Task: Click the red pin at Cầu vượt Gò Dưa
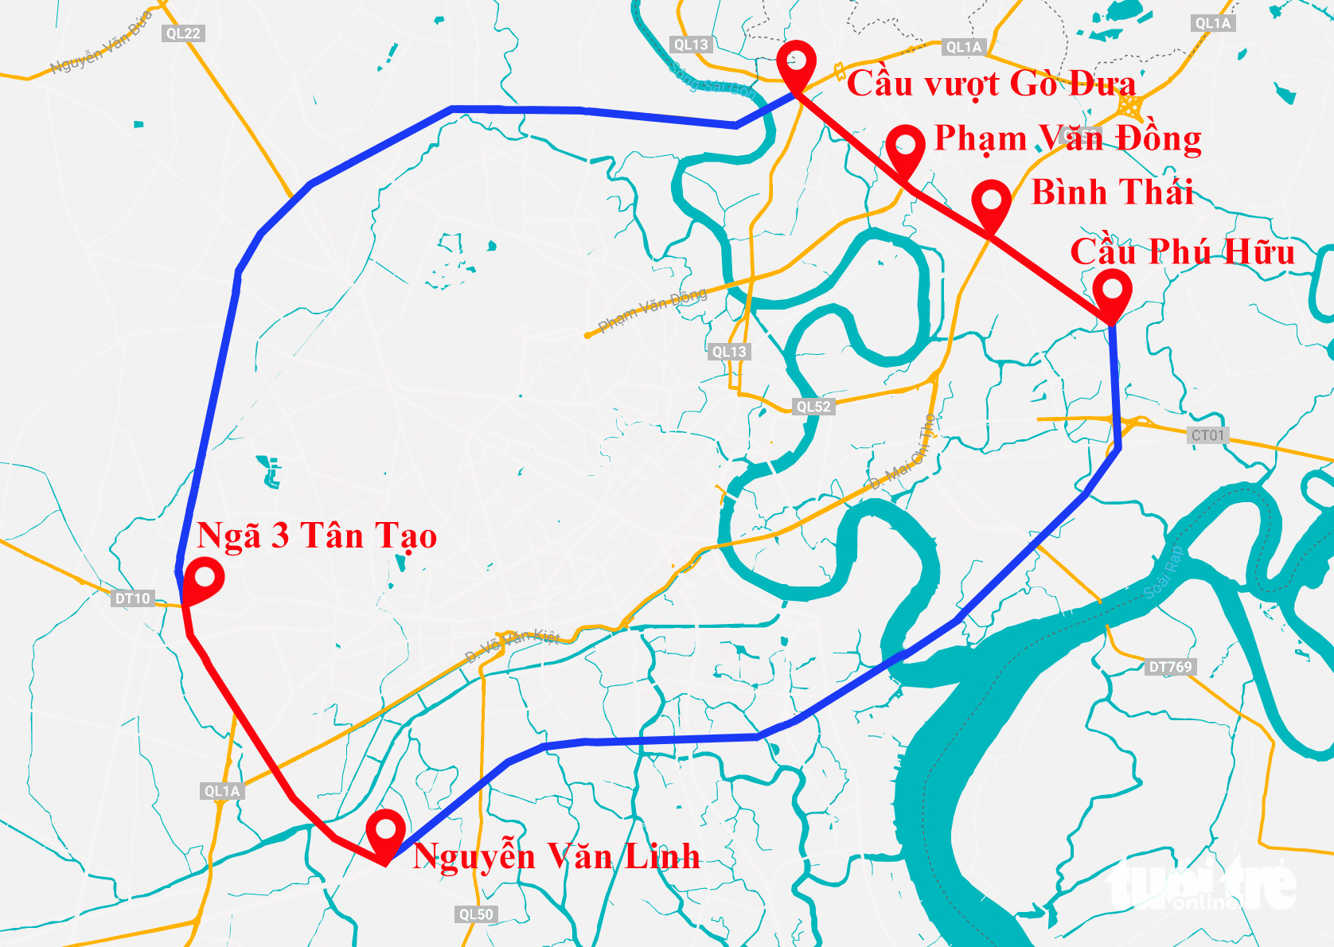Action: tap(797, 61)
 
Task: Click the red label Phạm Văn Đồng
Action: tap(1067, 138)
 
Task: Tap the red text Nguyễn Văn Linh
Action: tap(556, 856)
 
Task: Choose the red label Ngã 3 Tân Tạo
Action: tap(317, 536)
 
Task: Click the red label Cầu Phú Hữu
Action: tap(1182, 252)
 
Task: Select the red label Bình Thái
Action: tap(1112, 193)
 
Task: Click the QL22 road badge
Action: tap(183, 33)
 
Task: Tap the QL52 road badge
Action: tap(813, 407)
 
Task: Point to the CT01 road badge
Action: tap(1207, 435)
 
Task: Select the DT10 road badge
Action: tap(132, 598)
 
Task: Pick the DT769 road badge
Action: tap(1170, 667)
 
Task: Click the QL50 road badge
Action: tap(476, 914)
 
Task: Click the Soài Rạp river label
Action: tap(1164, 572)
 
